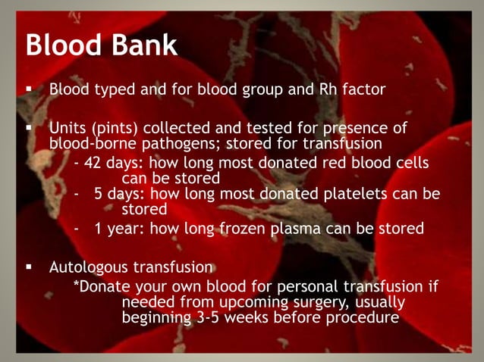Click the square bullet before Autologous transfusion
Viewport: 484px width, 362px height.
[x=28, y=267]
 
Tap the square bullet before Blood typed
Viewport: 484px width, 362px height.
[x=28, y=90]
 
